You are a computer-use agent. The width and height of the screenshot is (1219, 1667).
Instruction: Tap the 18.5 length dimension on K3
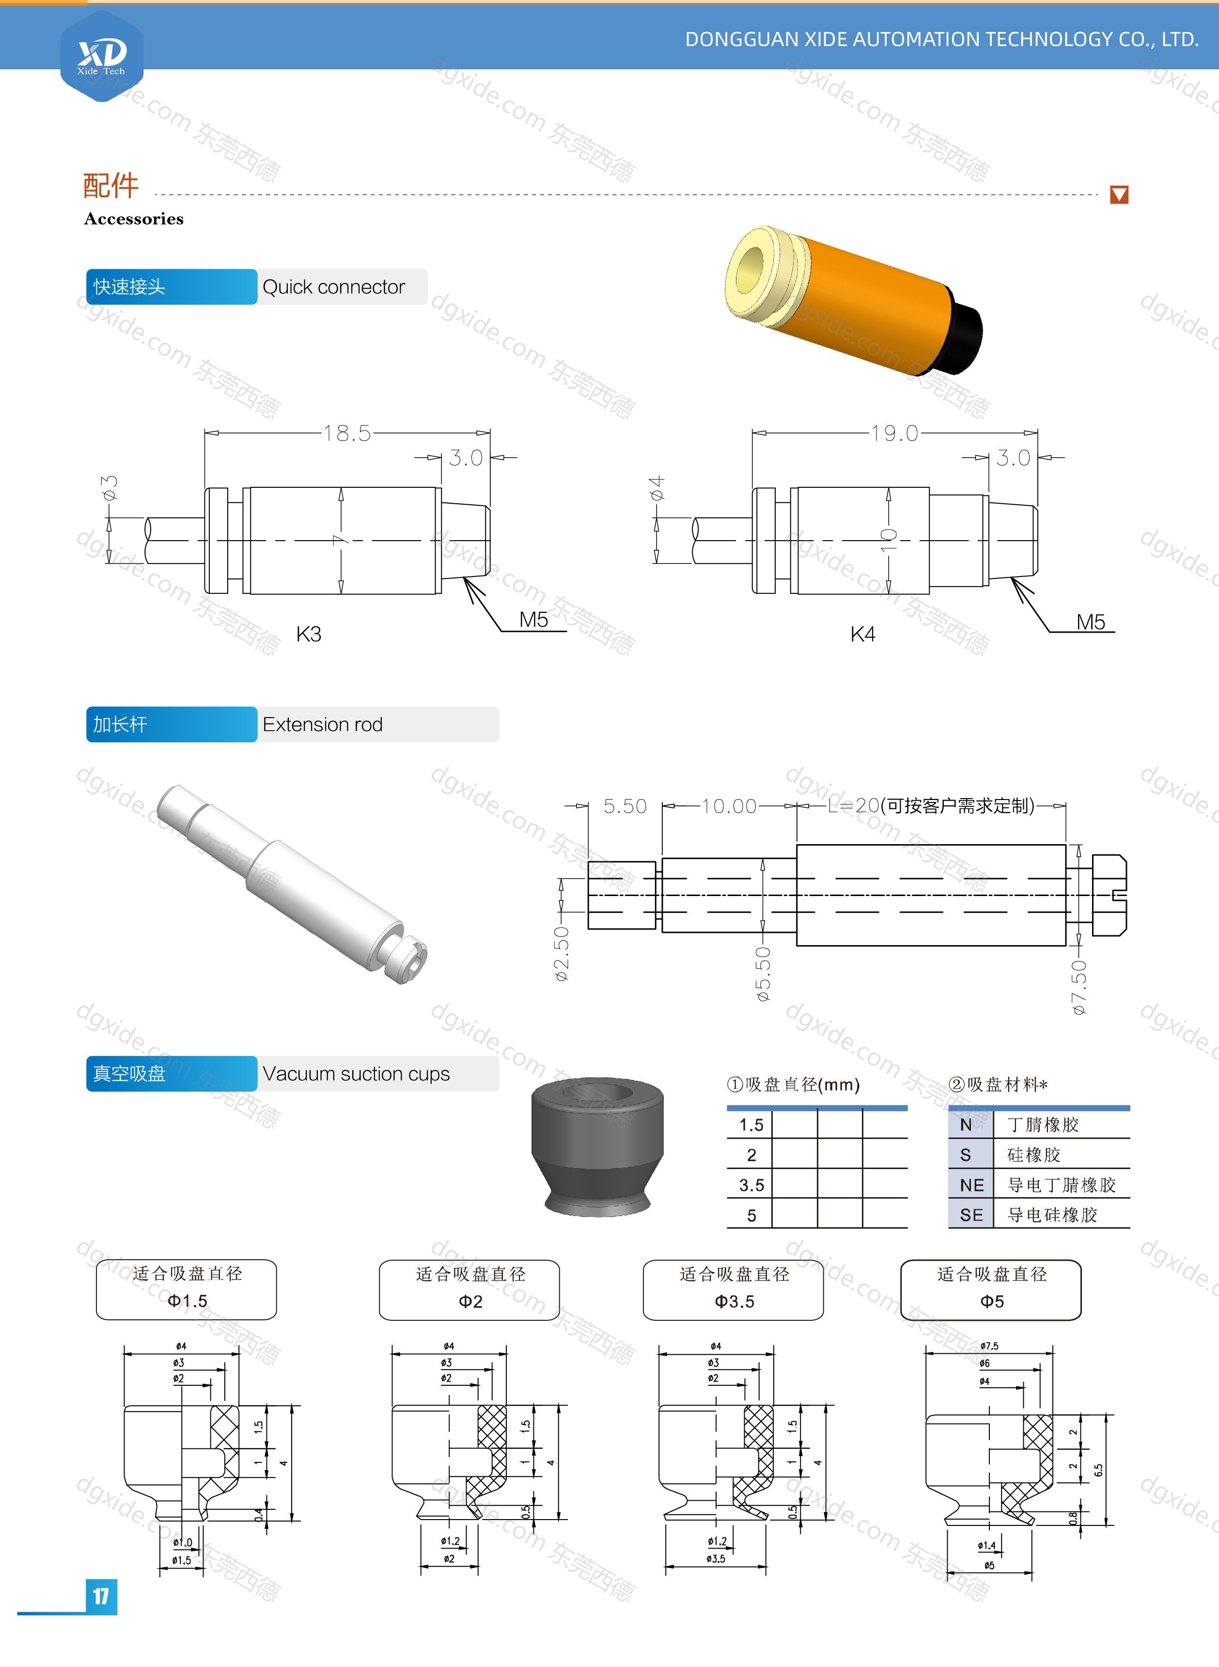[x=347, y=433]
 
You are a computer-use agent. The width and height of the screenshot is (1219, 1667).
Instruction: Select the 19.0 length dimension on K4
[x=894, y=433]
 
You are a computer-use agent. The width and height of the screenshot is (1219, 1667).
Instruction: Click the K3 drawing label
[x=309, y=634]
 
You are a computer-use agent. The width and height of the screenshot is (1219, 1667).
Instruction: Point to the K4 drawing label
[x=862, y=634]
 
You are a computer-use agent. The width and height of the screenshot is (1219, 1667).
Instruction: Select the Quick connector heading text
[x=333, y=287]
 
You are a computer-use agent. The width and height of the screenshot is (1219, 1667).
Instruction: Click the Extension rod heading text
[x=323, y=724]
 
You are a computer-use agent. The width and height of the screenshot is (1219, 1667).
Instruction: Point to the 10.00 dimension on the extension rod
[x=729, y=806]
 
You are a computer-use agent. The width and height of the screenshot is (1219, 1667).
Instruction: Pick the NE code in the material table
[x=972, y=1185]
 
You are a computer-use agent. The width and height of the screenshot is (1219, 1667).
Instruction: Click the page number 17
[x=102, y=1597]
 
